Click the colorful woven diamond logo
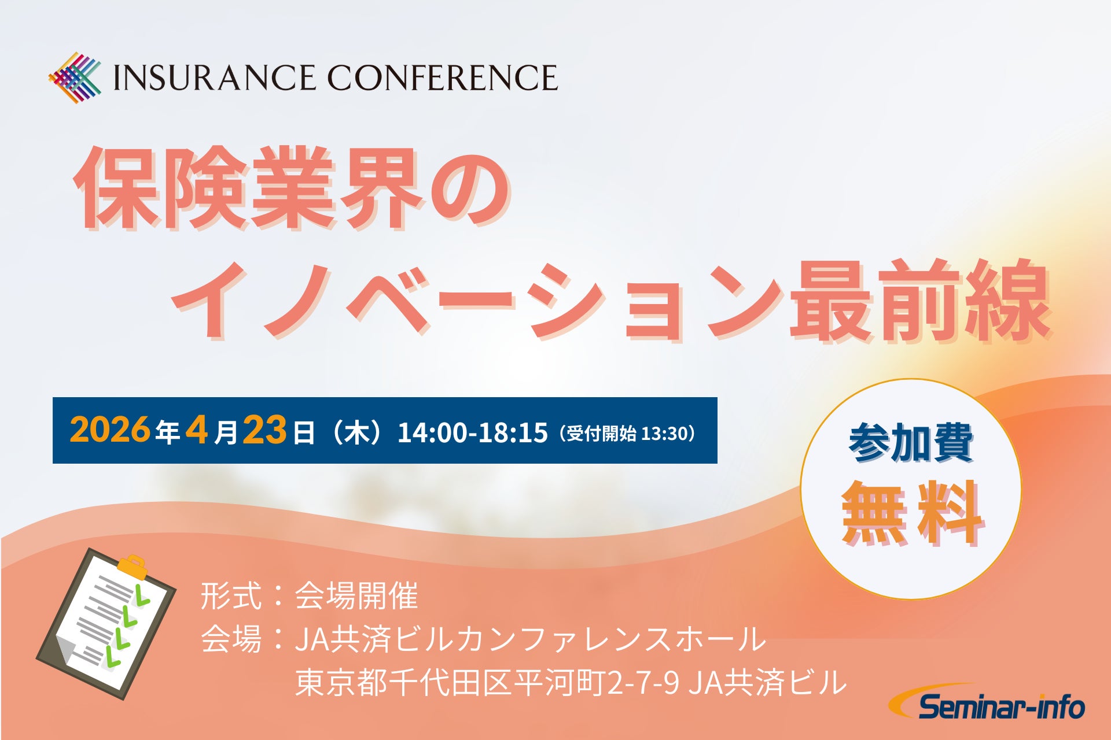click(75, 78)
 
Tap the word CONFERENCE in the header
click(443, 78)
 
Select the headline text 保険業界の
click(292, 188)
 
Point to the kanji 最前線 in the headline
click(920, 301)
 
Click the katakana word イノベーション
click(480, 301)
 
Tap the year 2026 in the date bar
click(110, 430)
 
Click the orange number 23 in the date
click(264, 430)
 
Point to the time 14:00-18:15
click(472, 432)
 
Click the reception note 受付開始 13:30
click(627, 433)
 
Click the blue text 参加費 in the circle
click(911, 444)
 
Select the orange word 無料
click(911, 513)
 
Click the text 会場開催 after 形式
click(356, 596)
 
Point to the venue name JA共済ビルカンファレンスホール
click(530, 639)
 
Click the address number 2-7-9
click(643, 683)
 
